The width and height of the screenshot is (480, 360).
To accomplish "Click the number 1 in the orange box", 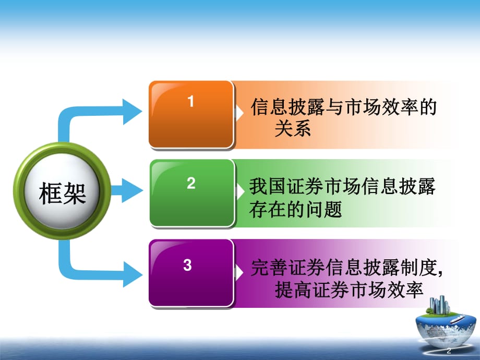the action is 191,101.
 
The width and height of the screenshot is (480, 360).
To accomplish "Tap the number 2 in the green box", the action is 191,183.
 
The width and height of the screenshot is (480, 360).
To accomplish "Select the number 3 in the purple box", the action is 187,265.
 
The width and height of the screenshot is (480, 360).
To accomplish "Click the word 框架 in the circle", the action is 62,193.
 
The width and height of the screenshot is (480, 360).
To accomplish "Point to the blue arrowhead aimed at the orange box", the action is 132,112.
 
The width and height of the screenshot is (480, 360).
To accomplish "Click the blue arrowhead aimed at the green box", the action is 132,190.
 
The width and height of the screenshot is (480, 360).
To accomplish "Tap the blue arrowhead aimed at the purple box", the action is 132,274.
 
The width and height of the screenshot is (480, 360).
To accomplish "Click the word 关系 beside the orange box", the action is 293,128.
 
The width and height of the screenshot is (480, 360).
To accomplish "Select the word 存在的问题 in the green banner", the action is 295,209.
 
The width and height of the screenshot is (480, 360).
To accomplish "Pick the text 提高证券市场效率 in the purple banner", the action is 349,290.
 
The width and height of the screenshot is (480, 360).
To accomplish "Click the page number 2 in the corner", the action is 449,351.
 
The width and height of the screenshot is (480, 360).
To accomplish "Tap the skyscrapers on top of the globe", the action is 440,305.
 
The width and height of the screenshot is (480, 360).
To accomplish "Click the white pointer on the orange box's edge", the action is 239,113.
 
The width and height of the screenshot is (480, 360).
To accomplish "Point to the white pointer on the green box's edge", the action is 240,192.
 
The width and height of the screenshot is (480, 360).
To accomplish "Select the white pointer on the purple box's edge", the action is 239,272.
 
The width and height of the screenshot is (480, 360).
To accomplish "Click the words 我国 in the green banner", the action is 268,186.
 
